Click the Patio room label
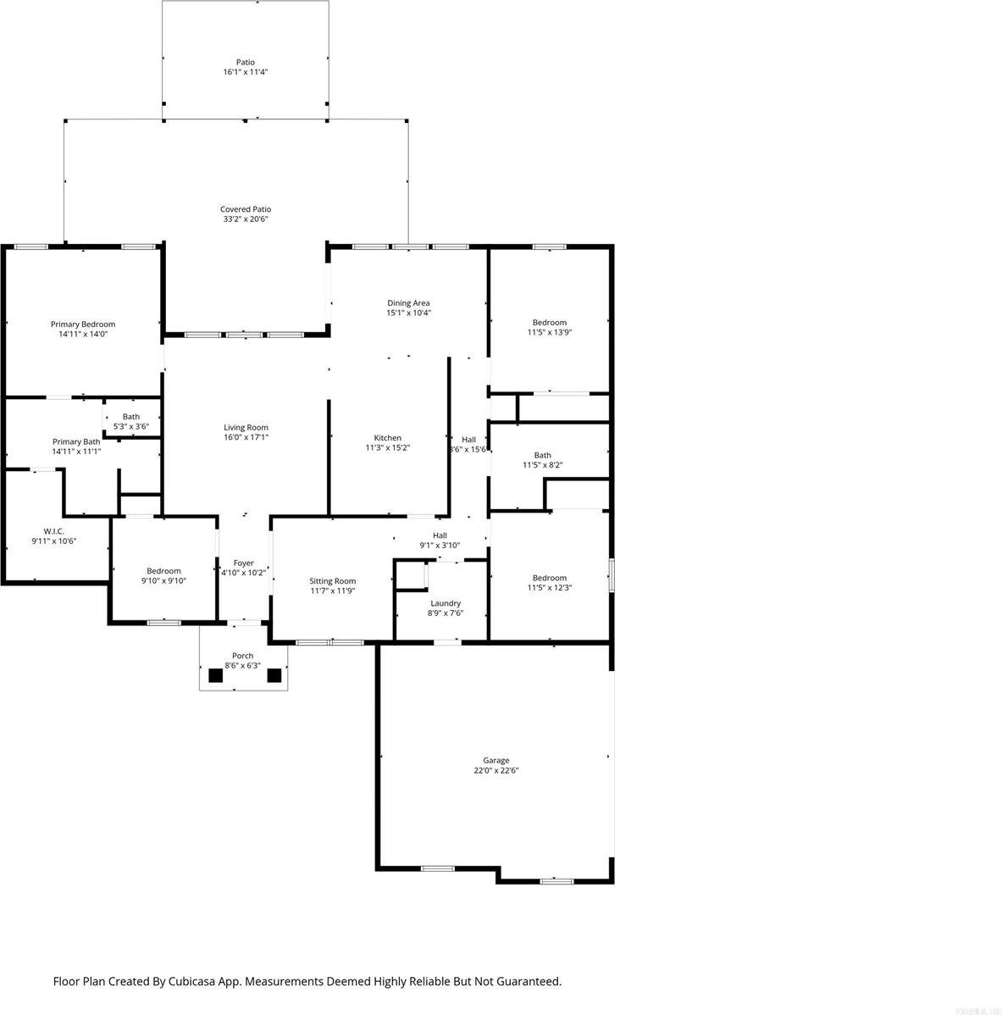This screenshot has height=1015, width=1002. (x=245, y=62)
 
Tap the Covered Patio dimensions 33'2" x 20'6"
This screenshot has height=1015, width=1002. (x=246, y=219)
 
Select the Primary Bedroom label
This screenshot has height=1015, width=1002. (x=83, y=324)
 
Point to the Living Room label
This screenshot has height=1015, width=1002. (x=246, y=427)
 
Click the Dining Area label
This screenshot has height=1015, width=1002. (x=408, y=302)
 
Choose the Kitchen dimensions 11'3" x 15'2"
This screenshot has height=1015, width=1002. (x=388, y=447)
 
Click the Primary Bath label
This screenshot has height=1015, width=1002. (x=76, y=441)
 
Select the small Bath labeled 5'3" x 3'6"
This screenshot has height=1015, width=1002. (x=131, y=421)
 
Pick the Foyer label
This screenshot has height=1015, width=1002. (x=243, y=563)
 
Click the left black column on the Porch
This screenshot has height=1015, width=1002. (x=215, y=675)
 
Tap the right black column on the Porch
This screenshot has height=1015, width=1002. (x=274, y=675)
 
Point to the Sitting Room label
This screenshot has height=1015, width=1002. (x=332, y=580)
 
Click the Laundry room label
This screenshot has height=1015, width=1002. (x=445, y=603)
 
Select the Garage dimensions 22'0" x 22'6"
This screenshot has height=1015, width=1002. (x=496, y=771)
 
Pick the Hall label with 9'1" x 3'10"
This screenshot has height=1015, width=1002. (x=440, y=535)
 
